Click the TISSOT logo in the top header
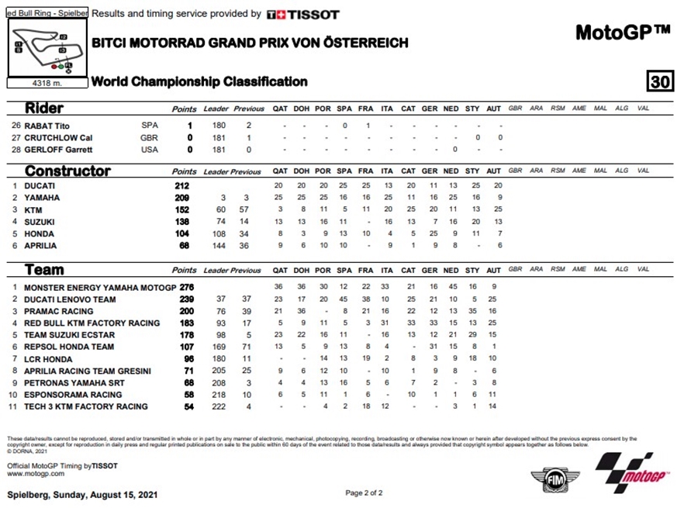302,14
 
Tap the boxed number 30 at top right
660,81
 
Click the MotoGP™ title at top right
622,33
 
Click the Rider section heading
44,108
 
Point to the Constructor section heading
67,171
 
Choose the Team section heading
44,270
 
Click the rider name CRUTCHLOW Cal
59,137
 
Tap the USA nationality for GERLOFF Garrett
150,150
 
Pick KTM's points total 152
182,210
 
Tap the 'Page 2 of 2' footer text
364,492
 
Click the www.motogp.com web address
35,472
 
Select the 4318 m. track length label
47,81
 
